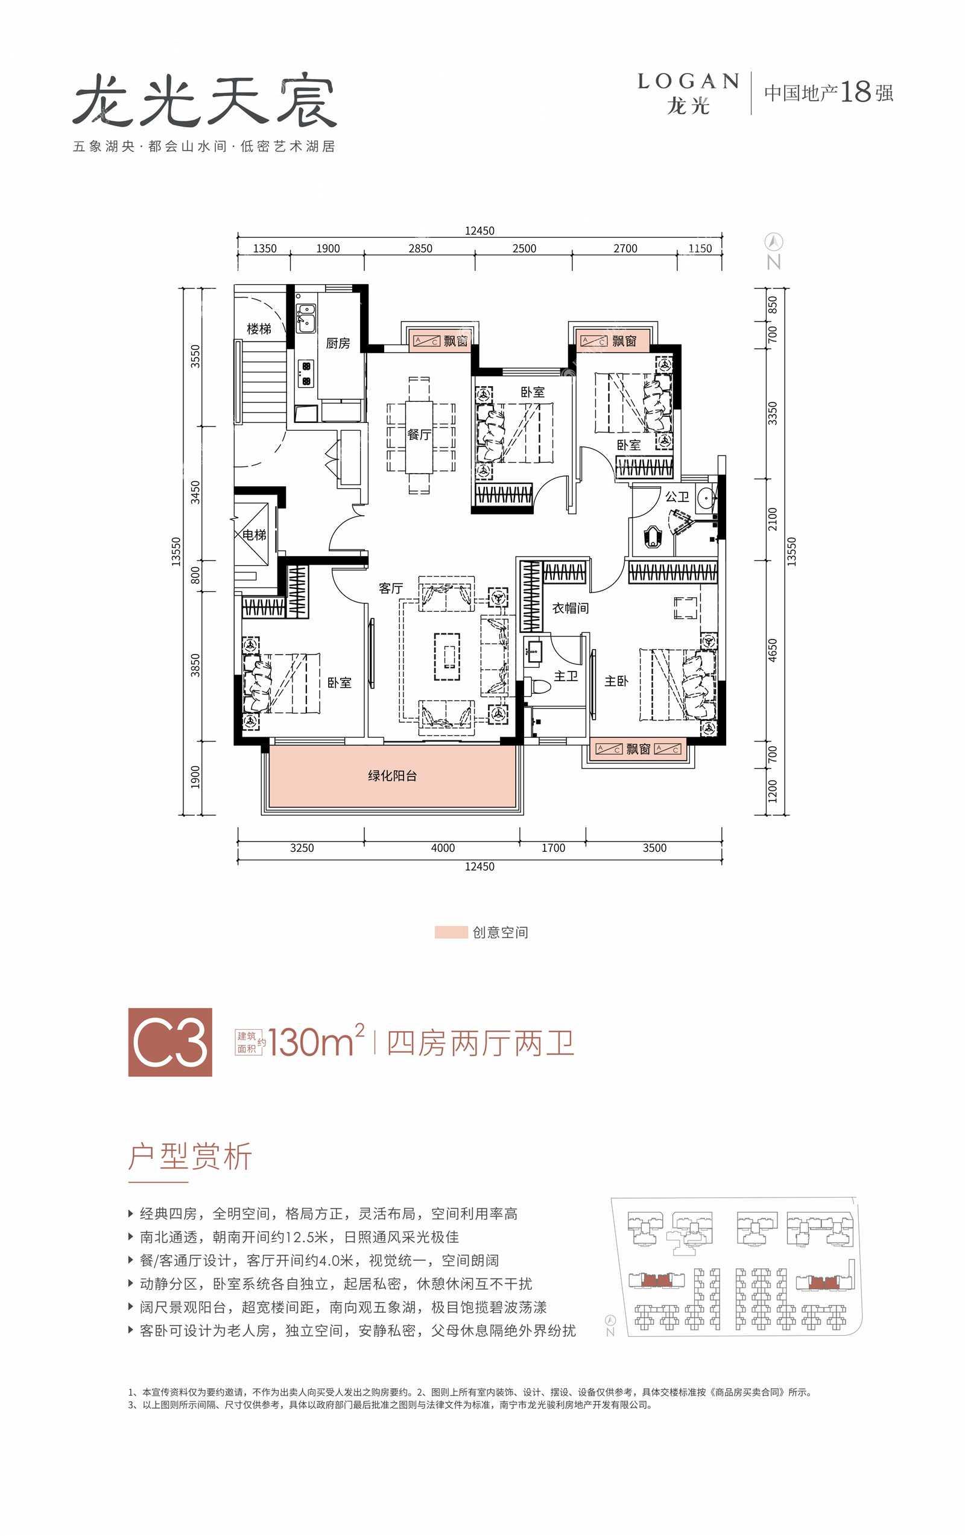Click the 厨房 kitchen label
click(337, 343)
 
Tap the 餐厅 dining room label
click(419, 434)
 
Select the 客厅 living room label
click(390, 588)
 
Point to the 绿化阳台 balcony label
click(392, 776)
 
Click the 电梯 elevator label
click(255, 535)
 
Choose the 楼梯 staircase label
click(259, 329)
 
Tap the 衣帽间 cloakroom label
click(570, 609)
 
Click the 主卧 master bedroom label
click(616, 681)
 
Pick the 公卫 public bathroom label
click(677, 497)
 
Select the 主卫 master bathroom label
click(565, 676)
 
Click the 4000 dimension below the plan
click(443, 848)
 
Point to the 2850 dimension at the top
click(420, 248)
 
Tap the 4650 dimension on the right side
click(773, 650)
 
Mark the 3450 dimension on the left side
click(196, 492)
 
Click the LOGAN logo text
click(688, 81)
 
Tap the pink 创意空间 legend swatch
click(451, 932)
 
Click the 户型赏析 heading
click(190, 1156)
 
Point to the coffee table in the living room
click(448, 656)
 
